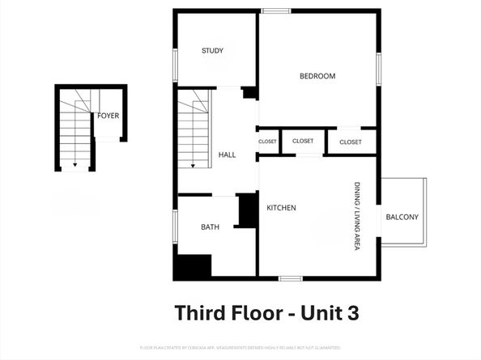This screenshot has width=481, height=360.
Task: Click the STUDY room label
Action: (213, 51)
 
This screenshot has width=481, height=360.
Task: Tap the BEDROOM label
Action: (317, 76)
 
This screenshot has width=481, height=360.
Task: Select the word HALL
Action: (228, 155)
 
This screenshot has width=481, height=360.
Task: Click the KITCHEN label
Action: (282, 208)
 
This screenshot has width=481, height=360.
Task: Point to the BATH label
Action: (211, 227)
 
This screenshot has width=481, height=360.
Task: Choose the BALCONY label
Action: (402, 217)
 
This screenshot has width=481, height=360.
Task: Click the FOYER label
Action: (109, 116)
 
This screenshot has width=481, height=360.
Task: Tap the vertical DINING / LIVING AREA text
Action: (356, 215)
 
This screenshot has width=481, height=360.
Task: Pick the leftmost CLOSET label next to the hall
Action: (268, 142)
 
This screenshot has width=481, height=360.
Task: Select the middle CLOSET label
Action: (303, 141)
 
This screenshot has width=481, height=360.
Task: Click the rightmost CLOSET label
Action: (351, 142)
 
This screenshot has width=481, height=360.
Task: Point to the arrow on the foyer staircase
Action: (75, 165)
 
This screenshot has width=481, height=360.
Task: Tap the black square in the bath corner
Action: (193, 266)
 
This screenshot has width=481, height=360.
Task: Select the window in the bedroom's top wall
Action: (276, 11)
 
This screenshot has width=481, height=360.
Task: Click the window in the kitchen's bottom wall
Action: (291, 279)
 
